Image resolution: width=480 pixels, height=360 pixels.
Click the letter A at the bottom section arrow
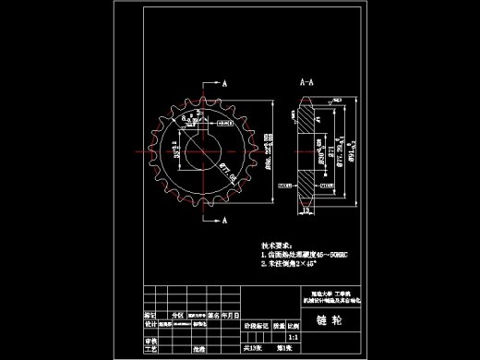[224, 222]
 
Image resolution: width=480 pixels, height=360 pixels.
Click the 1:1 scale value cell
[293, 339]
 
